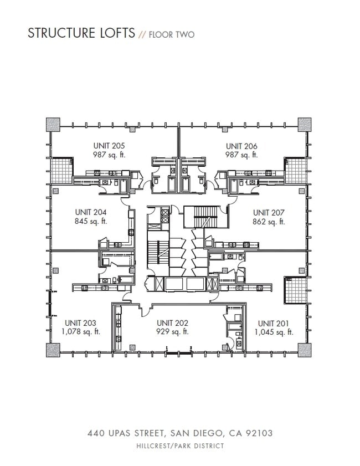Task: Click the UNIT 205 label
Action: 109,146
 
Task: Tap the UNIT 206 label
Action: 241,146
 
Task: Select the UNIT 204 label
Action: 90,212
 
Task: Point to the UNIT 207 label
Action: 269,213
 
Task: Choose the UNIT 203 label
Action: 81,323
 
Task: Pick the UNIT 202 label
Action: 173,323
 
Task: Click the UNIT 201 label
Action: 274,323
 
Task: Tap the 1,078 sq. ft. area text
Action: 81,332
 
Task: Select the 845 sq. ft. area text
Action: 90,221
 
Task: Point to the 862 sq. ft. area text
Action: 269,222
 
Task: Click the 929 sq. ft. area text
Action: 173,332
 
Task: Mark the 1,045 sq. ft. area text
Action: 274,332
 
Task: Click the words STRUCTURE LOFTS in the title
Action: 81,33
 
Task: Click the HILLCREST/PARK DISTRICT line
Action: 181,446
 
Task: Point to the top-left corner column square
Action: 53,124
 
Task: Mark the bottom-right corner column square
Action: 305,350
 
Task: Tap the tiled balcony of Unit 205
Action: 62,170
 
